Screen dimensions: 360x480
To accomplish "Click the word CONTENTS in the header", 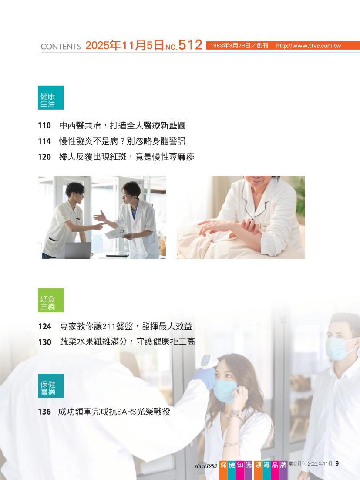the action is click(61, 47).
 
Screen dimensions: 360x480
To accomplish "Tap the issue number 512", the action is click(190, 45).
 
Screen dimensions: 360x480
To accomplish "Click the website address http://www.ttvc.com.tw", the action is click(308, 46).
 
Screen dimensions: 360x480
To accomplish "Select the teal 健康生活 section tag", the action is click(51, 98).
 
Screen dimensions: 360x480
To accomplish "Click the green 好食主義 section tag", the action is click(51, 300).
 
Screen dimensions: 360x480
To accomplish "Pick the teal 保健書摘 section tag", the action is click(51, 386).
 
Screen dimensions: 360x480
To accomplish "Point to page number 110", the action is click(44, 125).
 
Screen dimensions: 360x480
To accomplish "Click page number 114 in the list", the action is click(44, 141).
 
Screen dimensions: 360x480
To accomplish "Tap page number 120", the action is click(44, 157).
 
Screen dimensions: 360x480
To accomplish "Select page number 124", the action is click(45, 326).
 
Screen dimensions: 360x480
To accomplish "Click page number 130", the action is click(45, 342).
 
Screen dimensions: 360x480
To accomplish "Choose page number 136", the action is click(44, 412).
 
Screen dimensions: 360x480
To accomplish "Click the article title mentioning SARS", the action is click(114, 412).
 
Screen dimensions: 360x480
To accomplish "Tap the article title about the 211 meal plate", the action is click(126, 326).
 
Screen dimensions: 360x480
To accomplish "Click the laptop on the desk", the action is click(77, 250).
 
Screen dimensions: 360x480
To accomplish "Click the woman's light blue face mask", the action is click(225, 391).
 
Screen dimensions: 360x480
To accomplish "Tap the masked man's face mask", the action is click(340, 348).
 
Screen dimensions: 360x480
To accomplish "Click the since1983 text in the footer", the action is click(205, 466).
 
